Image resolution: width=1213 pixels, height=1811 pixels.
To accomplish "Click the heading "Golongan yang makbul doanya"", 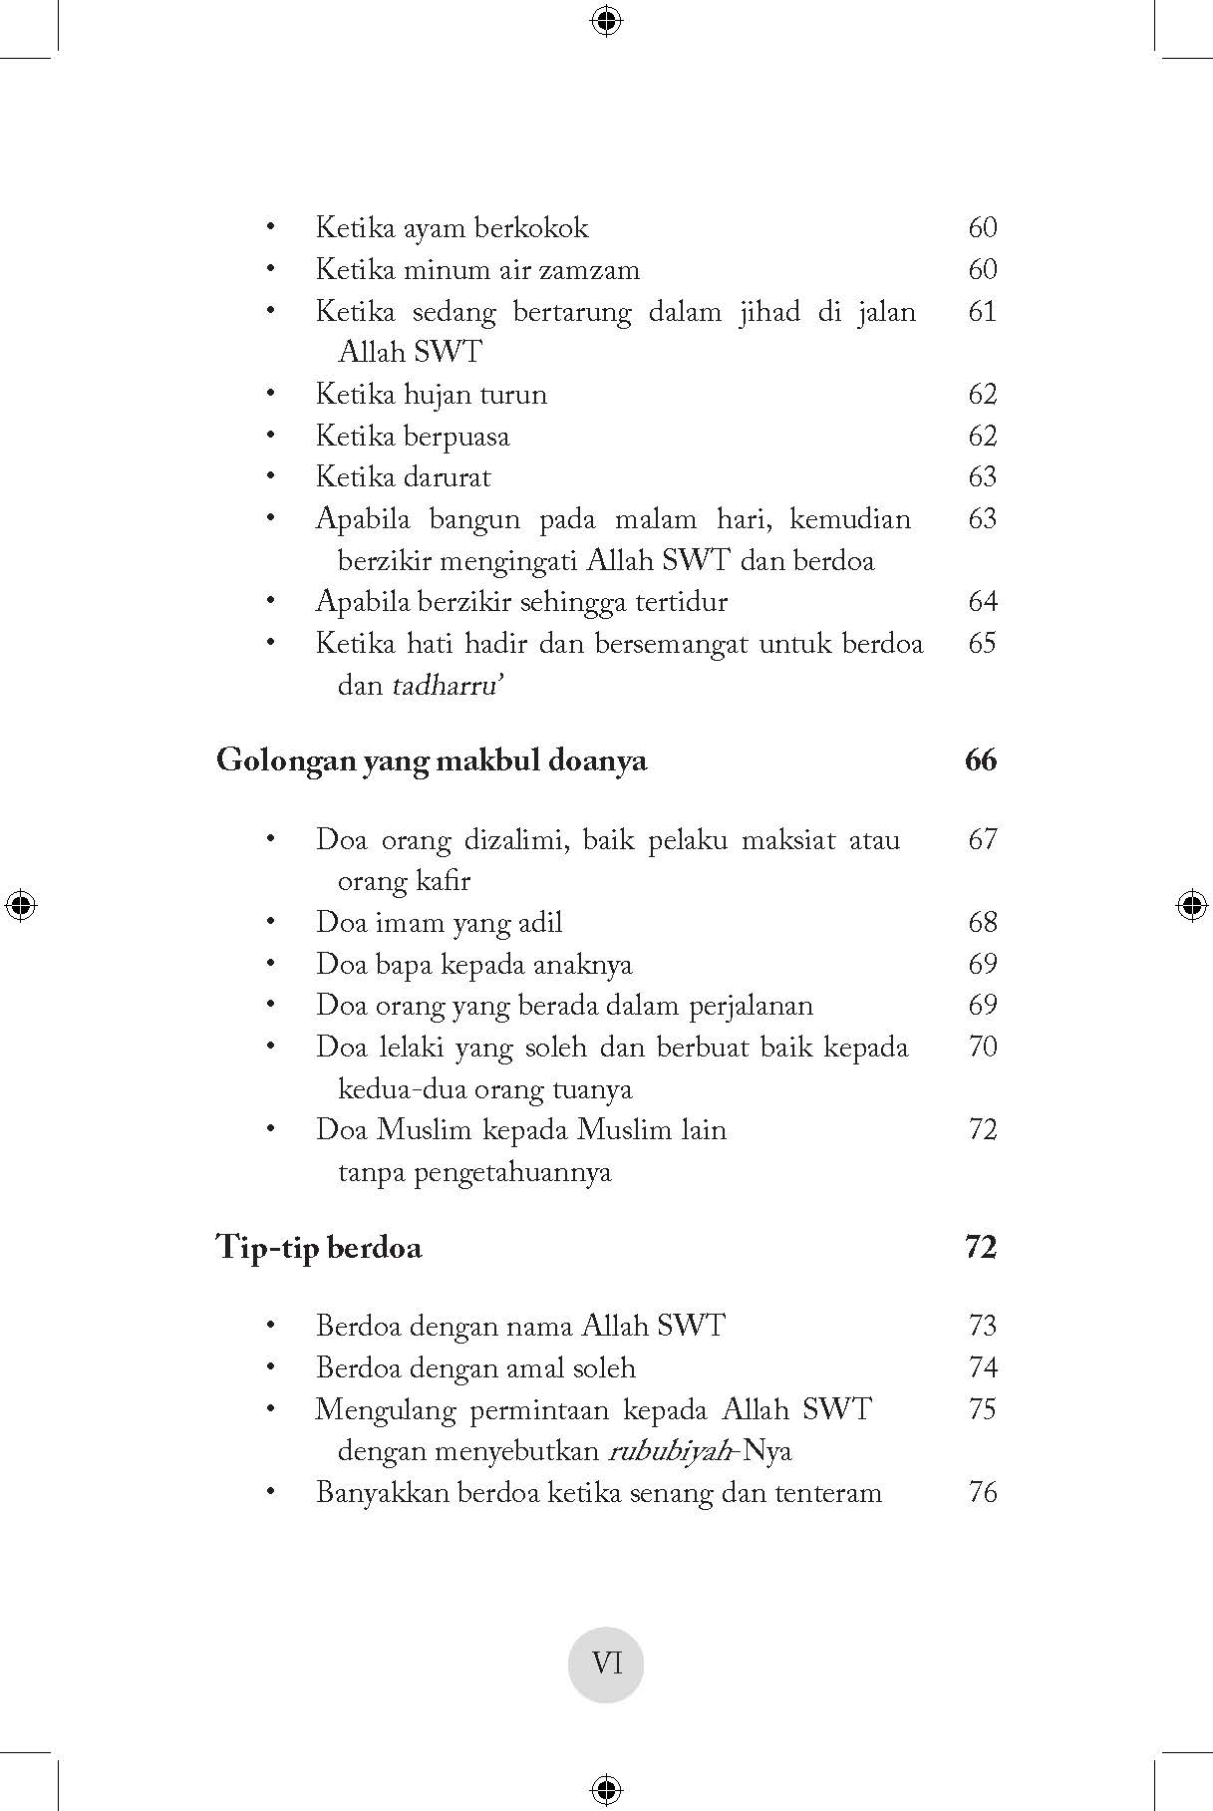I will pyautogui.click(x=432, y=761).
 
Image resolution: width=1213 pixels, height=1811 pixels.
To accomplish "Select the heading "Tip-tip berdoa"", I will pyautogui.click(x=319, y=1248).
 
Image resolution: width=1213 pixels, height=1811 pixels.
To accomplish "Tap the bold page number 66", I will pyautogui.click(x=981, y=760).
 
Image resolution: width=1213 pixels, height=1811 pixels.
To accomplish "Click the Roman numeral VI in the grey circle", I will pyautogui.click(x=606, y=1663).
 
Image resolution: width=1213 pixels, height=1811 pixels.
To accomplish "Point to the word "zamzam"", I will pyautogui.click(x=592, y=270).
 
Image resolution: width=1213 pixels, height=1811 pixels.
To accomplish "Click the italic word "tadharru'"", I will pyautogui.click(x=446, y=686).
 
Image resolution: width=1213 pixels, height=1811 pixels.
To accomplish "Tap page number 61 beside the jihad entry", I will pyautogui.click(x=982, y=312).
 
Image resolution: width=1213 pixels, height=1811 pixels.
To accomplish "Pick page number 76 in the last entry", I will pyautogui.click(x=982, y=1493).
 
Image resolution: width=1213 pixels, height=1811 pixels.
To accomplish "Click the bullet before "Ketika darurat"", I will pyautogui.click(x=270, y=477).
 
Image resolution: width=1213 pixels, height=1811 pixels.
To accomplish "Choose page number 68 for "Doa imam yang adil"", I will pyautogui.click(x=982, y=922).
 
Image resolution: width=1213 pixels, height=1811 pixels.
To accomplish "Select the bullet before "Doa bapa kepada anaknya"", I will pyautogui.click(x=270, y=965).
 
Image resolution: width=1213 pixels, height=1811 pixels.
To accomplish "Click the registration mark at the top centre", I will pyautogui.click(x=606, y=19).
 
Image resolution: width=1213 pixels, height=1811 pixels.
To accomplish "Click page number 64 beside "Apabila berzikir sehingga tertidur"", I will pyautogui.click(x=982, y=602).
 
